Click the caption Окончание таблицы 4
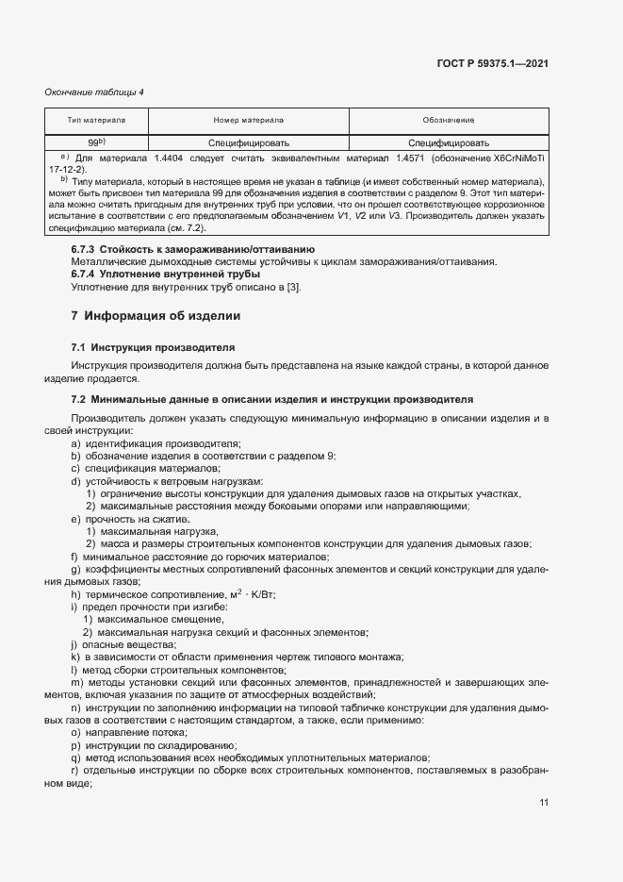[94, 92]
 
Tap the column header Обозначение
[448, 122]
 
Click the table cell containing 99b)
[96, 142]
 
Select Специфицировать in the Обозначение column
[448, 143]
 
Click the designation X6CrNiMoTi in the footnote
[508, 158]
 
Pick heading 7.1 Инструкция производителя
[146, 347]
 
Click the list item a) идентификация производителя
[156, 443]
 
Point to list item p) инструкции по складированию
[142, 745]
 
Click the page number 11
[544, 803]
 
